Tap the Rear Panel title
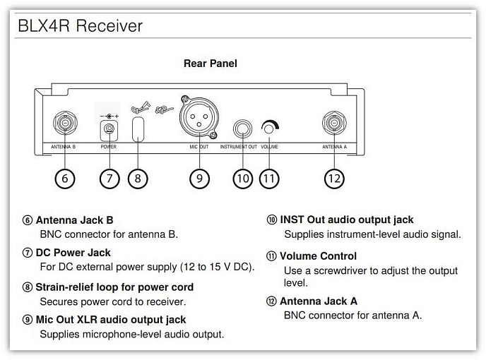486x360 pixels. point(211,64)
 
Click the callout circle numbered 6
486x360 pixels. point(64,179)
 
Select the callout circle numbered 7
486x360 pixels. point(109,179)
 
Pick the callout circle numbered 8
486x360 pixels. point(138,179)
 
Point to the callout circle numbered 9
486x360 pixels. point(200,179)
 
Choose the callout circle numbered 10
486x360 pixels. point(243,179)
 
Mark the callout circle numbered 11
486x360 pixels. point(268,179)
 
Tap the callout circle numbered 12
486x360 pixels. point(333,179)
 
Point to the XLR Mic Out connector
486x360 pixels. point(199,116)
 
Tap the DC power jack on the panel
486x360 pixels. point(109,129)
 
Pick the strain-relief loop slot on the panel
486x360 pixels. point(138,129)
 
